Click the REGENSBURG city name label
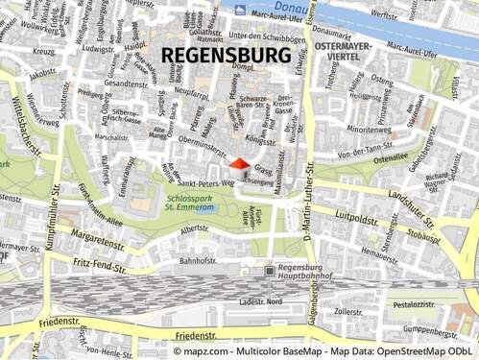tap(228, 55)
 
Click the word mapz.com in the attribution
tap(195, 352)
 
